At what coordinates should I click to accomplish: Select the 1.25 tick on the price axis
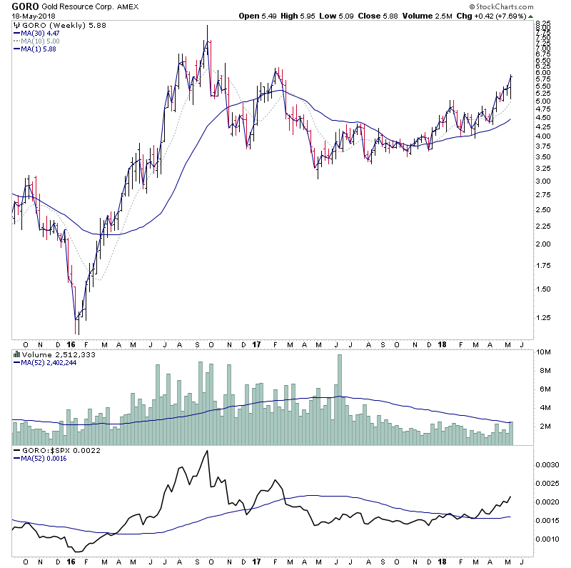[x=542, y=318]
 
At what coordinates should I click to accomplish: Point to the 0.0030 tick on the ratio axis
[x=547, y=464]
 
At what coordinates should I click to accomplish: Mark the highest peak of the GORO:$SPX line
[x=207, y=451]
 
